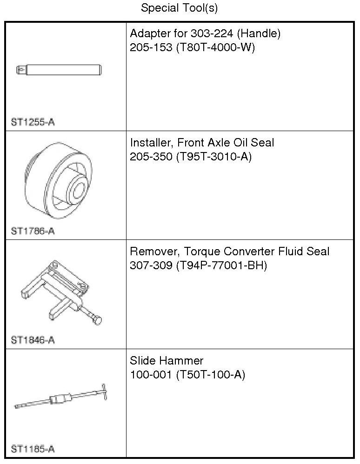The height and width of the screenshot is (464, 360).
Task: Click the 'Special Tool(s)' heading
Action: point(179,8)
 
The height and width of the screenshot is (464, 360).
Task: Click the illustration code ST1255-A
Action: point(33,123)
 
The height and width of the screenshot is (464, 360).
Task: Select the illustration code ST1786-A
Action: point(33,231)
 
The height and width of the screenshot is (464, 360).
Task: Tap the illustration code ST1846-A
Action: point(33,340)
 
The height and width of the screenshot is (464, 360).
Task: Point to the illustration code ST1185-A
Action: point(33,449)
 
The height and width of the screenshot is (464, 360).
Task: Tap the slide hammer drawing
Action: point(60,398)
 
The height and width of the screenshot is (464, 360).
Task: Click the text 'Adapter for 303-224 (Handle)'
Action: point(205,33)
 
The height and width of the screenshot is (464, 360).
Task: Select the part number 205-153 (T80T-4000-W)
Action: point(192,48)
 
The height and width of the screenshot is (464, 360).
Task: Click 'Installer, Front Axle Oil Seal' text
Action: point(202,142)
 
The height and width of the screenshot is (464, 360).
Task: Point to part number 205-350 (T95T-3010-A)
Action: point(190,157)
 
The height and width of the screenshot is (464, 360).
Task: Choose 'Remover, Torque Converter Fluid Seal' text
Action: point(229,252)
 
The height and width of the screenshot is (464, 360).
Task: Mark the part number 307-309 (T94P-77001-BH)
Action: point(198,266)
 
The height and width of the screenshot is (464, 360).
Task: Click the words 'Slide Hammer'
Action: point(167,360)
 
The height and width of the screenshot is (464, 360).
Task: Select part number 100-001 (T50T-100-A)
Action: point(187,375)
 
